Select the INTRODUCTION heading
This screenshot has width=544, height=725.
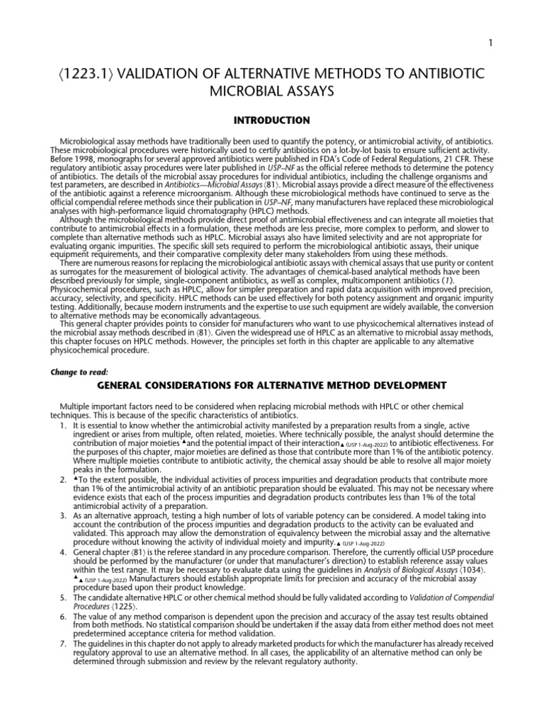point(272,120)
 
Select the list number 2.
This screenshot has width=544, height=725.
point(64,481)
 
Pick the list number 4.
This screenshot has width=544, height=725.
point(64,549)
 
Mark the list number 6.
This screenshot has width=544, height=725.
point(64,617)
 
